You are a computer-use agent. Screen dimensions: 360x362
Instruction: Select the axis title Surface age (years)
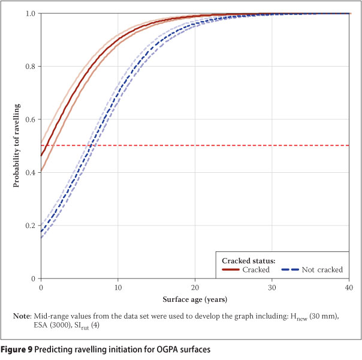195,298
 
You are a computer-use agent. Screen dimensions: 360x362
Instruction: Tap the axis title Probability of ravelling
17,146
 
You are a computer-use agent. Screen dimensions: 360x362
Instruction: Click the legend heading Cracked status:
249,260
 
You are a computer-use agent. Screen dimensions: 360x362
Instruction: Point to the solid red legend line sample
231,270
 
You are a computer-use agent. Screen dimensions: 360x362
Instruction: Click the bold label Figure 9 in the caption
20,349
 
